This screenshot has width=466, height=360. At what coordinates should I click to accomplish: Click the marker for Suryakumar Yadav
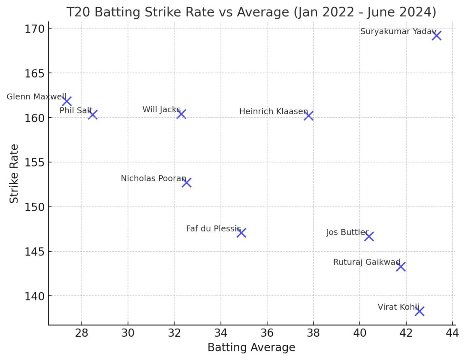click(436, 36)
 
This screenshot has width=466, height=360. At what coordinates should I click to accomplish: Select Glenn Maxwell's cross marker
click(67, 101)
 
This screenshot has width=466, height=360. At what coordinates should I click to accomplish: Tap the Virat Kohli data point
click(419, 311)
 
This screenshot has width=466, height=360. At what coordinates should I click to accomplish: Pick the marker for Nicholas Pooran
click(187, 183)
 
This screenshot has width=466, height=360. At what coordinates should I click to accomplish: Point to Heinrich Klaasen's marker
click(309, 116)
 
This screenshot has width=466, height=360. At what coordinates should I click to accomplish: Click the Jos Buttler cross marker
click(369, 237)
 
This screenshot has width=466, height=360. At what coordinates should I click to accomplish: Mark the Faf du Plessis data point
click(241, 233)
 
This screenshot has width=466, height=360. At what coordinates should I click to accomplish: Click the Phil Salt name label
click(76, 111)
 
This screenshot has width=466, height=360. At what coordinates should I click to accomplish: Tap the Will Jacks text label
click(161, 110)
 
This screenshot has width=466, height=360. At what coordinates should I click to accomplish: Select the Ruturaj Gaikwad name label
click(367, 262)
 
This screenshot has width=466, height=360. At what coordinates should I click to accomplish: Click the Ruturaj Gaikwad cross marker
click(401, 267)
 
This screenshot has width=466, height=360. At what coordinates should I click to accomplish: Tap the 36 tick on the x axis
click(267, 333)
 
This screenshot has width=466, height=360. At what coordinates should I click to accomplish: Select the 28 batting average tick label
click(82, 333)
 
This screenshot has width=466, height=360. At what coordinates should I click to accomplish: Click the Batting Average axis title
click(251, 348)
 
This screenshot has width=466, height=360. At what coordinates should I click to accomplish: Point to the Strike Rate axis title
click(14, 173)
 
